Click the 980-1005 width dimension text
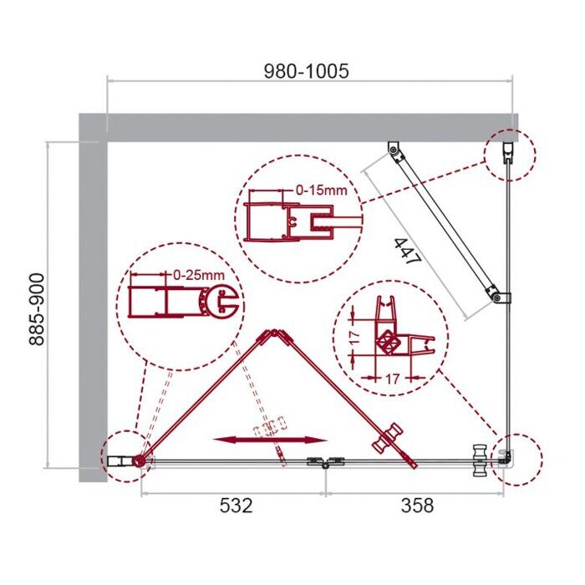pyautogui.click(x=307, y=71)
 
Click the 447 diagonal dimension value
pyautogui.click(x=407, y=247)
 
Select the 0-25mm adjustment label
pyautogui.click(x=199, y=273)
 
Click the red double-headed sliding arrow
pyautogui.click(x=269, y=439)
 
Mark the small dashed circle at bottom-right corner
pyautogui.click(x=517, y=459)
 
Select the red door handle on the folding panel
pyautogui.click(x=390, y=435)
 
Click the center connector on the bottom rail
pyautogui.click(x=326, y=462)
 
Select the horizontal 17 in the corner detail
pyautogui.click(x=392, y=378)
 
